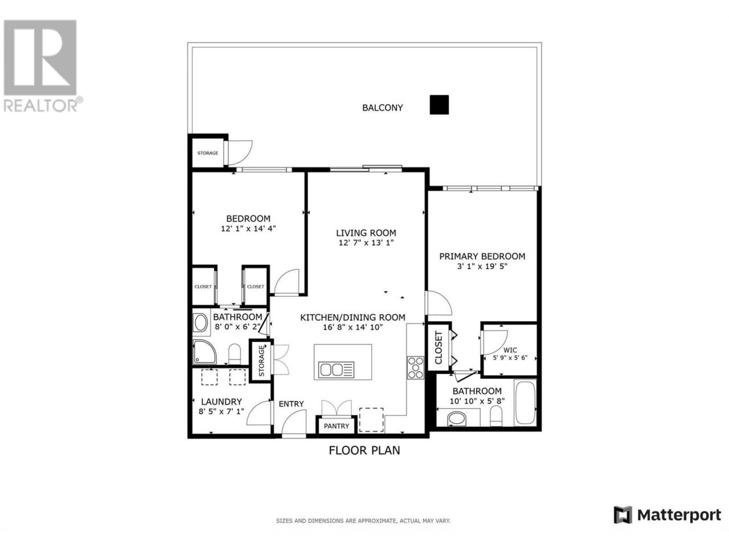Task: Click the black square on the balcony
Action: [x=439, y=105]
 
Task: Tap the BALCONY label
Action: [x=382, y=108]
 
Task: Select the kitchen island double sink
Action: [x=336, y=370]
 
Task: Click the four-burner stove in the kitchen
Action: [x=416, y=368]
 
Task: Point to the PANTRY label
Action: [x=336, y=426]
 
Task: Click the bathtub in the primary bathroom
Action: [x=525, y=402]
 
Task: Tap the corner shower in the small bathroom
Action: [x=204, y=352]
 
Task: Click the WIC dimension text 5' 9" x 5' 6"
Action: [x=510, y=358]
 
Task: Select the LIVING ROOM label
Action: [x=366, y=233]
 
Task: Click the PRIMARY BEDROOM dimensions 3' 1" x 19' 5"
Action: [x=482, y=266]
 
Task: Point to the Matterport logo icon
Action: [x=622, y=524]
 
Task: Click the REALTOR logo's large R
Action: [x=40, y=53]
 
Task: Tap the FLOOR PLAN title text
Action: [x=364, y=450]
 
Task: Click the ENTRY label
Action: [x=291, y=404]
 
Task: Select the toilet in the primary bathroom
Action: [x=496, y=415]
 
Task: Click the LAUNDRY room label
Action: [x=221, y=402]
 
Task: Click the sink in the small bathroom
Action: [x=200, y=323]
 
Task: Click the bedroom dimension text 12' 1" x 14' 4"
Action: [x=248, y=228]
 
